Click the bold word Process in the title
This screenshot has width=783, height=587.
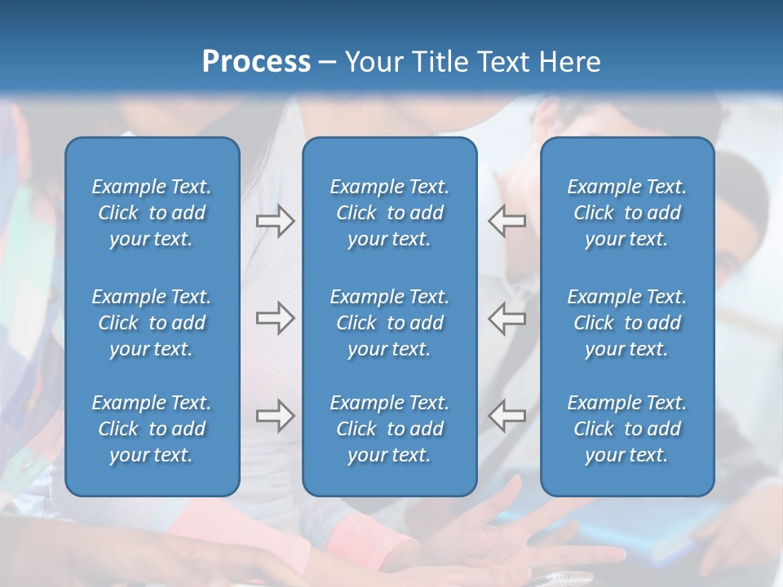point(256,62)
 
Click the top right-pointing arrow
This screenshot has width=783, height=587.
point(276,221)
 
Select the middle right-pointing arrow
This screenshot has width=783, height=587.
point(276,319)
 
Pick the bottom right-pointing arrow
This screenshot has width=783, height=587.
point(276,416)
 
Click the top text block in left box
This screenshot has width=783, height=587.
point(152,213)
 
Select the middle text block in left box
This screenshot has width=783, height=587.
point(152,323)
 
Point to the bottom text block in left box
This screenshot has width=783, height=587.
point(152,429)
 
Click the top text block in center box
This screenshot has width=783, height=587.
point(389,213)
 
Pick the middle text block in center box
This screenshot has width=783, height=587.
point(389,323)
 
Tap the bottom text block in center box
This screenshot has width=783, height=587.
point(389,429)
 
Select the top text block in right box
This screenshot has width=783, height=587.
point(626,213)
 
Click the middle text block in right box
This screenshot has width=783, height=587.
point(626,323)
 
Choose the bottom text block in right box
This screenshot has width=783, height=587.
point(626,429)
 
